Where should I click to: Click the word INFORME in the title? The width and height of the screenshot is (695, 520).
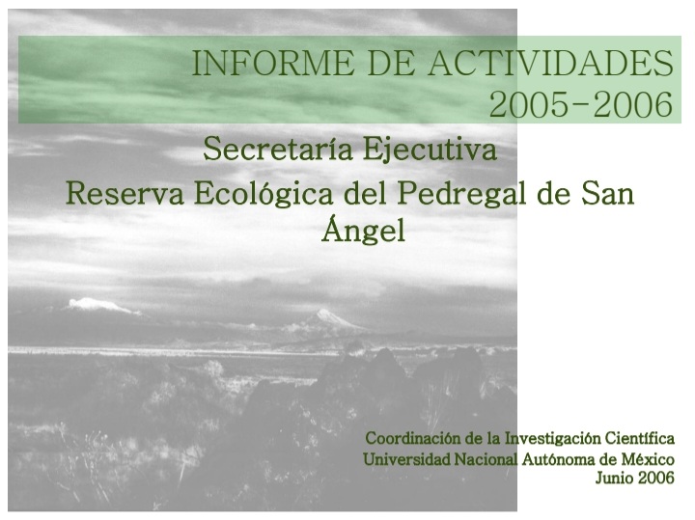[273, 63]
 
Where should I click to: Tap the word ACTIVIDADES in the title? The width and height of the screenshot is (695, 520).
[550, 63]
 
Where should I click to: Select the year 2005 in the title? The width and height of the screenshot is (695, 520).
[530, 104]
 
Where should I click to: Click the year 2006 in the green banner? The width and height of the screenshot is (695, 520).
[633, 104]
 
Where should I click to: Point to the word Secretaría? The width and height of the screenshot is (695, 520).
[278, 149]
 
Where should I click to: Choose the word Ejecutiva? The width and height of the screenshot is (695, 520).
[430, 150]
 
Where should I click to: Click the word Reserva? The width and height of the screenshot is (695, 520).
[125, 193]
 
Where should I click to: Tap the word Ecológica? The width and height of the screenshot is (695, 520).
[264, 194]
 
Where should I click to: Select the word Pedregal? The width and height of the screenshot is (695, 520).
[461, 194]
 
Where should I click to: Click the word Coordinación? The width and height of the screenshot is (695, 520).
[413, 438]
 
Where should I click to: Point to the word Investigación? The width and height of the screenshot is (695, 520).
[553, 439]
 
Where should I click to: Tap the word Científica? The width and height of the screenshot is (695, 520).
[640, 438]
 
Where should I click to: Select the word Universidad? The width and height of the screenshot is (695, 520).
[406, 459]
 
